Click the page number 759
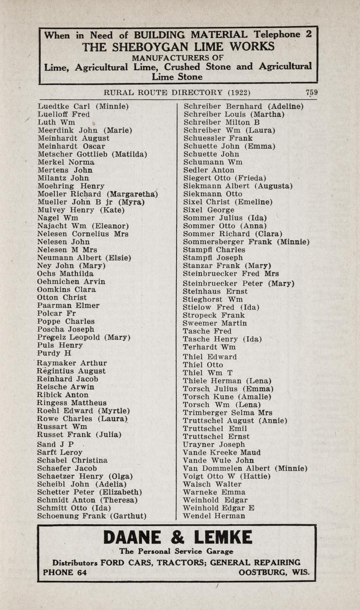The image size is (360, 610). click(311, 92)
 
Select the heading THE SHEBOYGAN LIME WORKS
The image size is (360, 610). click(178, 46)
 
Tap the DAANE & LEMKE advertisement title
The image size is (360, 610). click(178, 538)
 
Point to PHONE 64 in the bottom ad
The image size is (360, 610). click(65, 572)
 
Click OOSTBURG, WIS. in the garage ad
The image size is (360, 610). click(274, 572)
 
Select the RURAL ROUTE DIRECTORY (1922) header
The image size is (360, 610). click(177, 92)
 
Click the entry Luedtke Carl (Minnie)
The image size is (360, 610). click(83, 107)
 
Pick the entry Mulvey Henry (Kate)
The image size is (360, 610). click(81, 210)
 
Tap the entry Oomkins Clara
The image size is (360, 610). click(67, 290)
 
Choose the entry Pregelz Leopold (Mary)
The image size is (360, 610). click(84, 337)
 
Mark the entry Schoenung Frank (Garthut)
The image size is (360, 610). click(92, 516)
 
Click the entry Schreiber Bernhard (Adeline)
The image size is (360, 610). click(243, 107)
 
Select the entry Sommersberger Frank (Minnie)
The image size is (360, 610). click(246, 242)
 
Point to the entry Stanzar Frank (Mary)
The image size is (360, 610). click(227, 266)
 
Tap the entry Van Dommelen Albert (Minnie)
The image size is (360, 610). click(245, 468)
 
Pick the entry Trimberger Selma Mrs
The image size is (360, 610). click(227, 412)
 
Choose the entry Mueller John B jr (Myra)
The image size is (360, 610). click(91, 202)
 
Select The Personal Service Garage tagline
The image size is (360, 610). click(176, 551)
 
